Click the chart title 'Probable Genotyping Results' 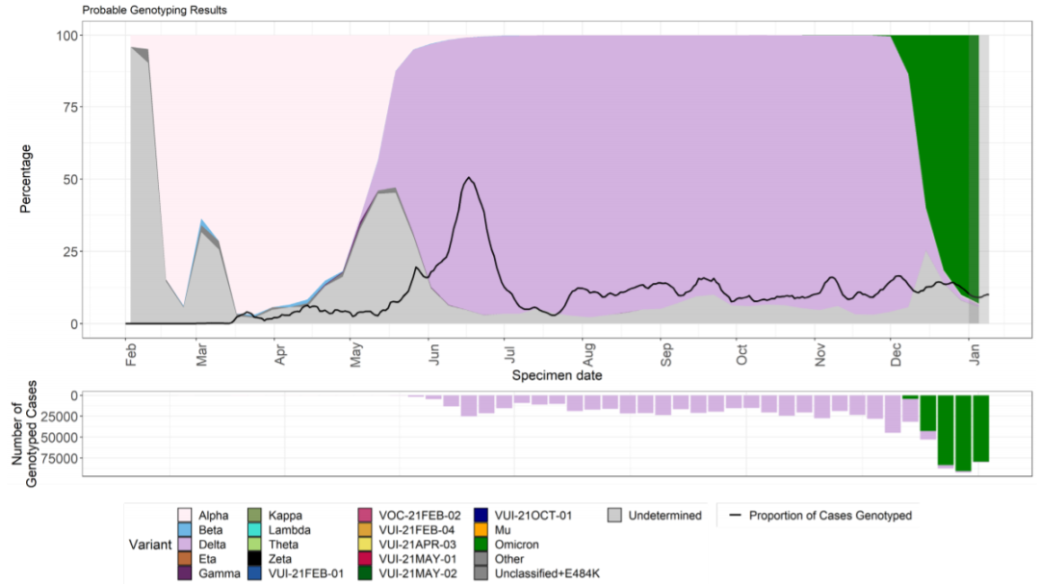155,11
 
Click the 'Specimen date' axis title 557,373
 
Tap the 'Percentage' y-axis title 26,179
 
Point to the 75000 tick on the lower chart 62,458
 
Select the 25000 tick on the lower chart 62,416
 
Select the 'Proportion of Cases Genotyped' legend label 829,516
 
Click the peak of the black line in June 468,178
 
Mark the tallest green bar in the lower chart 963,433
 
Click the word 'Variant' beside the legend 149,545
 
